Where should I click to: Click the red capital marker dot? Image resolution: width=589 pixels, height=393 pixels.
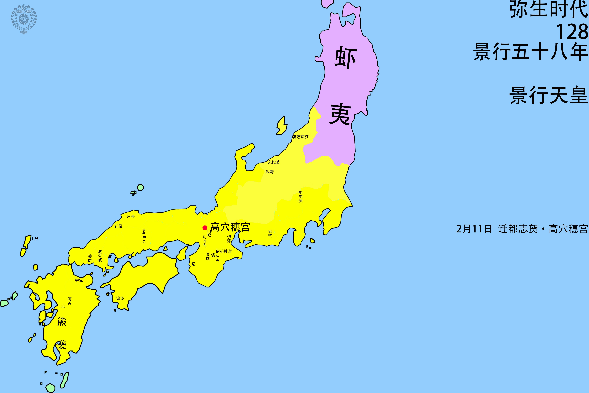click(205, 228)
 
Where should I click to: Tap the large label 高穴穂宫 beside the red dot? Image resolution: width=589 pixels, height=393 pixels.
click(230, 227)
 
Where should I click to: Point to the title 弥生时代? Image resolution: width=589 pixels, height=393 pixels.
click(548, 10)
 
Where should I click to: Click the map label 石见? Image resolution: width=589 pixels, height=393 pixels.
click(118, 226)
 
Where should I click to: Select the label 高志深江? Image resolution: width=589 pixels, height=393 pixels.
click(301, 137)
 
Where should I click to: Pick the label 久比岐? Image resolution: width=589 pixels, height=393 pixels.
click(274, 162)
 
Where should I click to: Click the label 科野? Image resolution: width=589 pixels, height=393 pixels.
click(270, 172)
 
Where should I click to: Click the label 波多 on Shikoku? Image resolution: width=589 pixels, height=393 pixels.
click(120, 298)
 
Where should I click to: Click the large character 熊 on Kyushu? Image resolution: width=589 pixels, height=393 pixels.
click(62, 321)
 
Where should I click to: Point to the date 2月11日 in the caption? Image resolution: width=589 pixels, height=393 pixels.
click(474, 229)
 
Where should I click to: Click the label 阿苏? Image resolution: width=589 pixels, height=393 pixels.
click(70, 301)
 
